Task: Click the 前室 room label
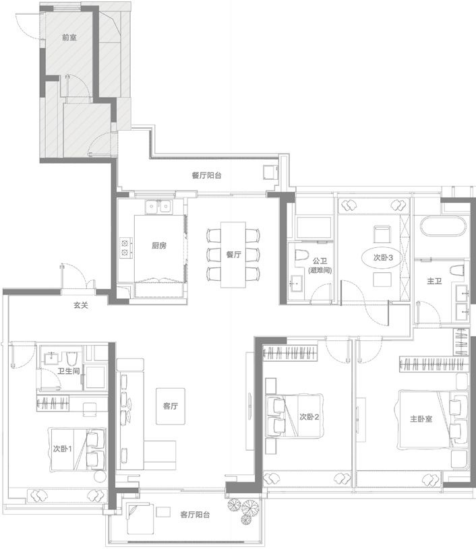point(69,38)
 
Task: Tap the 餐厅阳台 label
point(206,175)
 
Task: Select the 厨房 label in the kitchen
point(159,245)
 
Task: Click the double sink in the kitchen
point(158,206)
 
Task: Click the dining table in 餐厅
point(233,255)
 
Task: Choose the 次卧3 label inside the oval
point(383,258)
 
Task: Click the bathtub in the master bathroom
point(444,226)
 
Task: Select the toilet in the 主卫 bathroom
point(456,270)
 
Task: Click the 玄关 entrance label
point(81,305)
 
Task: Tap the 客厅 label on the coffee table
point(171,406)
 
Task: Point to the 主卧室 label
point(421,419)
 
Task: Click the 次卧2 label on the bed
point(309,417)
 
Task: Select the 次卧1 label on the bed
point(63,449)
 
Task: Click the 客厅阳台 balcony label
point(195,515)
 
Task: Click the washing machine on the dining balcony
point(270,172)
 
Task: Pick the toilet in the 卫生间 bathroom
point(71,358)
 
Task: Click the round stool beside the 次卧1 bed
point(100,477)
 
